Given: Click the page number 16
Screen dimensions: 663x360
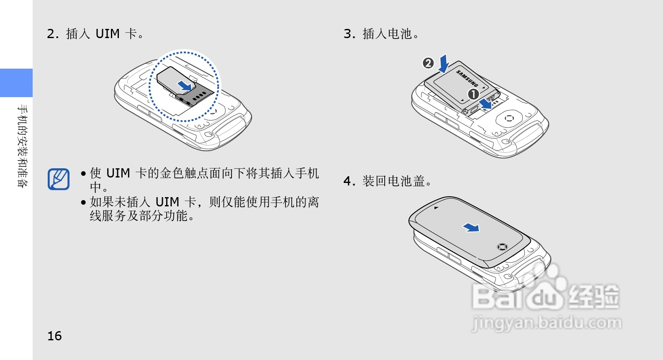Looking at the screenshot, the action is click(x=54, y=336).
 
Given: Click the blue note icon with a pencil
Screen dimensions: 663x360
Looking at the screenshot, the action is click(x=59, y=180).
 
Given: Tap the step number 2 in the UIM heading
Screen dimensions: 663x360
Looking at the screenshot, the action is click(x=51, y=34).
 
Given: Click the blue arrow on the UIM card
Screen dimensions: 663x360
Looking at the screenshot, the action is click(x=185, y=86).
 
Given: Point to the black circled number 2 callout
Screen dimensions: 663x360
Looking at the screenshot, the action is click(x=428, y=63).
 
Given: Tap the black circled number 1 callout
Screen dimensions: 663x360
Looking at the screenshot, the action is click(x=473, y=94).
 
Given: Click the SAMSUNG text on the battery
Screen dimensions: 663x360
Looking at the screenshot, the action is click(x=467, y=78).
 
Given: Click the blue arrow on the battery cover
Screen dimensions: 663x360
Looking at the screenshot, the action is click(x=471, y=228).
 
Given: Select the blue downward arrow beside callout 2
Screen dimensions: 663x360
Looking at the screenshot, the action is click(x=444, y=64).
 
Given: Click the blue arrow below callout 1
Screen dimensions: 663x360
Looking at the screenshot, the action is click(x=486, y=104).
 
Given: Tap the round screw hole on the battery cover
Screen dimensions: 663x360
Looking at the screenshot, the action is click(x=502, y=247).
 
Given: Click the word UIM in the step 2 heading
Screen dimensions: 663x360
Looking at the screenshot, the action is click(x=108, y=34).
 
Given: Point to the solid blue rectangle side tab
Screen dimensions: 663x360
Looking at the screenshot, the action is click(x=16, y=83).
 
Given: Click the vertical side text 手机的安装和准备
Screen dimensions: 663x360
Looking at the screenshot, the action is click(x=22, y=146).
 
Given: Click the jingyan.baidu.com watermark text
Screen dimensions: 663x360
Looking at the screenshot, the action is click(x=546, y=323).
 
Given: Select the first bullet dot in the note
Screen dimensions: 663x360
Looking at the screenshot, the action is click(x=83, y=173).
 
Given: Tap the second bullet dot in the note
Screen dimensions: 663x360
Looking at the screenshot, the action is click(x=83, y=203).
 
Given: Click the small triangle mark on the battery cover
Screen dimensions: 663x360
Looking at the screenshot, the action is click(x=436, y=208).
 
